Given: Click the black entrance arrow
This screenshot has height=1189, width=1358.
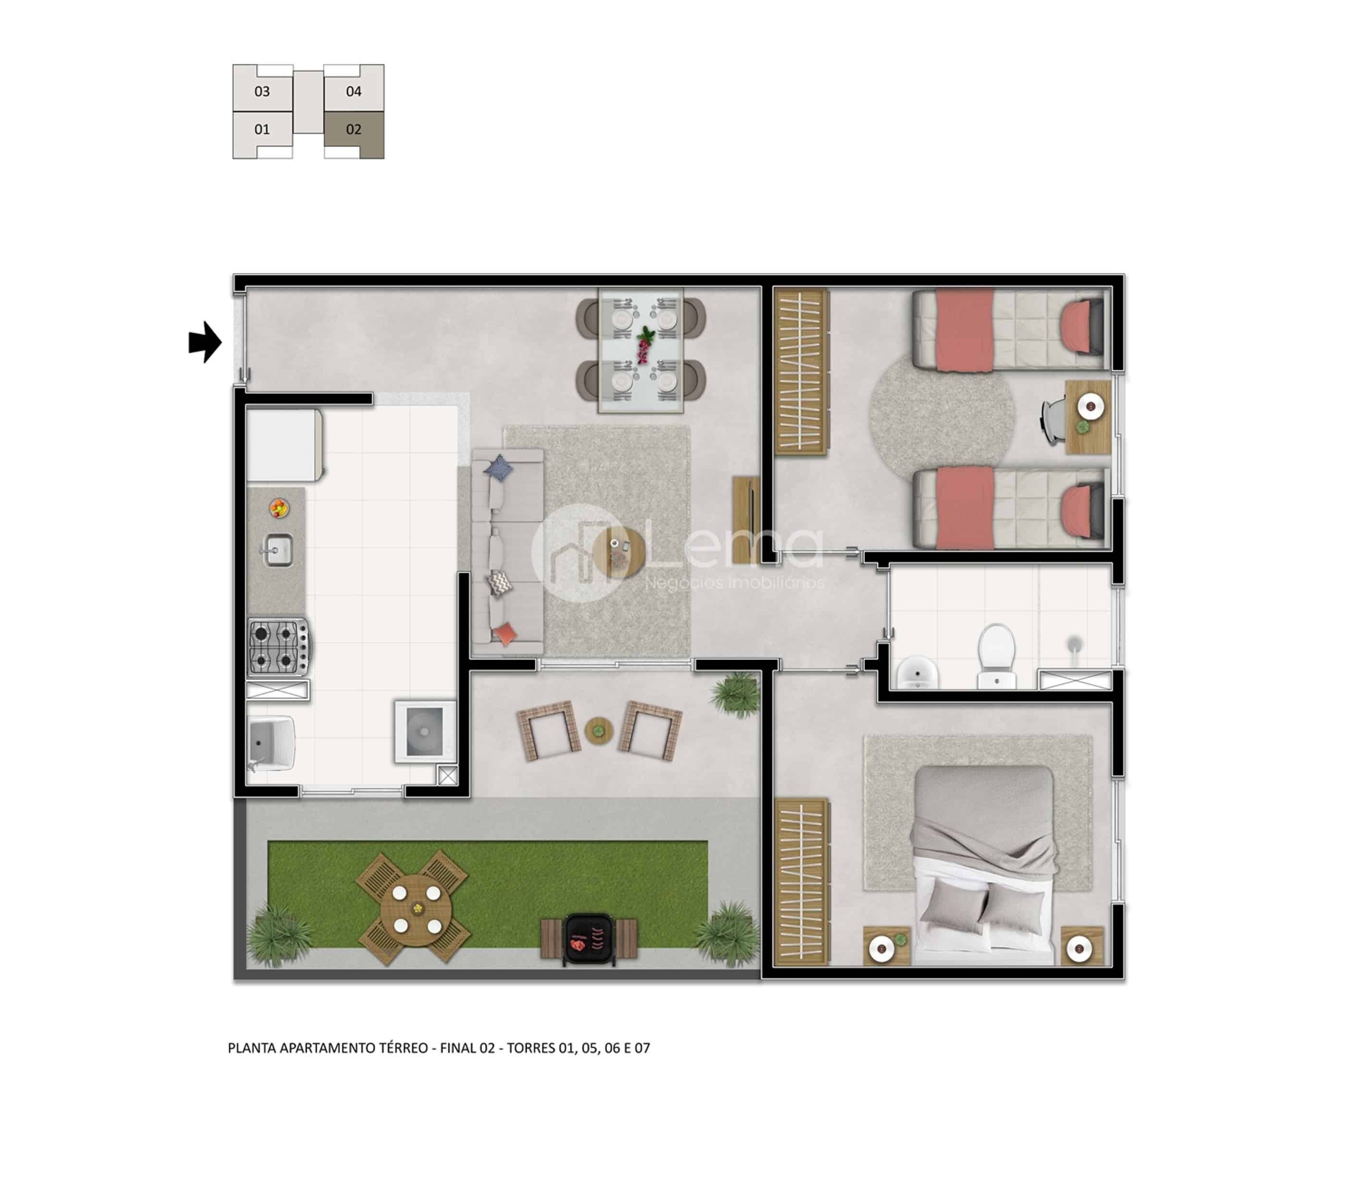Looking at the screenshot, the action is (x=205, y=343).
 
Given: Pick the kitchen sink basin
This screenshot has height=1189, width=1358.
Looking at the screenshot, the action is (x=279, y=550).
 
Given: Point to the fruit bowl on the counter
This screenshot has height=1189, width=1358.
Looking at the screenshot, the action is (x=279, y=509).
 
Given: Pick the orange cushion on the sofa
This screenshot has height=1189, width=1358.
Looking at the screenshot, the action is (x=505, y=634).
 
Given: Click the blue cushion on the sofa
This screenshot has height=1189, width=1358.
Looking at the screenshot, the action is (x=498, y=468).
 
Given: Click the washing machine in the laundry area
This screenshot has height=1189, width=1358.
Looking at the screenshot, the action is (x=425, y=732).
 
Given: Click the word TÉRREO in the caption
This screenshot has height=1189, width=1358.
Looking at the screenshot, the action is (x=404, y=1048).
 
